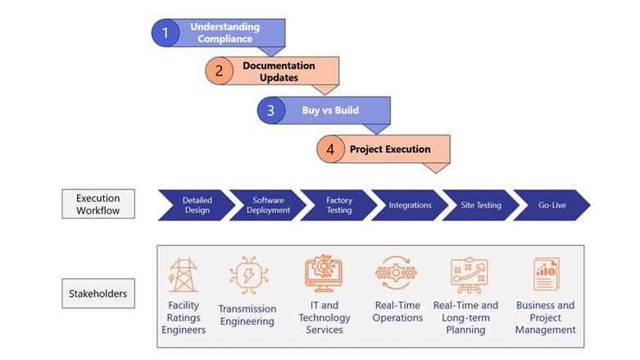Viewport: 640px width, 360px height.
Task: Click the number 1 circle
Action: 166,33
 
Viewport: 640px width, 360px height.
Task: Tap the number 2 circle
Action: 219,71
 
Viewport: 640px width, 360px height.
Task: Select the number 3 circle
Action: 271,110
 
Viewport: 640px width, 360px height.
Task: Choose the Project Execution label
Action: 389,149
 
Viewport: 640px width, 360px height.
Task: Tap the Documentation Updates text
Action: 279,71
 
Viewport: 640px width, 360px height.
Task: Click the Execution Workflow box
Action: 98,204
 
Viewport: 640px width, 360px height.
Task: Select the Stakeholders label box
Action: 98,293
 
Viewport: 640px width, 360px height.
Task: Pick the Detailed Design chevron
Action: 195,205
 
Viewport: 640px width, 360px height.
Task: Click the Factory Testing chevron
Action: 338,205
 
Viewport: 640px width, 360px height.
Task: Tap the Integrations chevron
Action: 409,205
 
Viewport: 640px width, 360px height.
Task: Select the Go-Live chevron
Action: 551,205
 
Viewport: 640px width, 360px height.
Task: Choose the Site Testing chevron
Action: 480,205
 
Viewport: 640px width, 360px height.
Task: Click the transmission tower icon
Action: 183,276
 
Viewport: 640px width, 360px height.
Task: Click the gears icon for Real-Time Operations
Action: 396,274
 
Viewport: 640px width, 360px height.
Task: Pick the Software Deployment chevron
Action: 266,205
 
